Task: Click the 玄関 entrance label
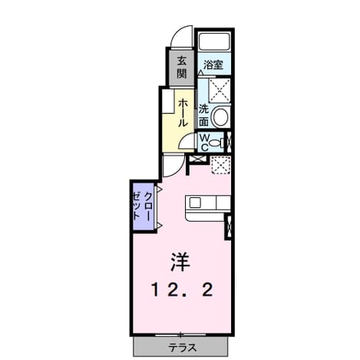182,68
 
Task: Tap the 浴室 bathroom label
213,65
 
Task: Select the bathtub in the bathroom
214,41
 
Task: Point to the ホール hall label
183,113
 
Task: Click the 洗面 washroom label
204,116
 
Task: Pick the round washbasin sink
220,117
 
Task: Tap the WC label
204,143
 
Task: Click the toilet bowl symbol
217,143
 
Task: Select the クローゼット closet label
143,206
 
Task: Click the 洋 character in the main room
181,262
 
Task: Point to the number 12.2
182,290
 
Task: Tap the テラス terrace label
183,348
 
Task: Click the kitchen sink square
195,203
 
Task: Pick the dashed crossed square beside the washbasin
220,91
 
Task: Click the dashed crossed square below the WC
220,165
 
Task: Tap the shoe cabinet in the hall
168,101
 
